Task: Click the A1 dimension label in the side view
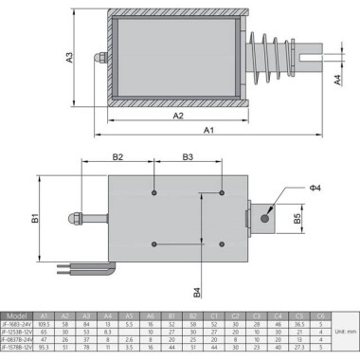pyautogui.click(x=209, y=131)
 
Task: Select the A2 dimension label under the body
pyautogui.click(x=177, y=116)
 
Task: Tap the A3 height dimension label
pyautogui.click(x=70, y=58)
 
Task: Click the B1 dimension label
pyautogui.click(x=35, y=219)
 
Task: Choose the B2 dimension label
pyautogui.click(x=119, y=156)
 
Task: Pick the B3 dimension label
pyautogui.click(x=188, y=156)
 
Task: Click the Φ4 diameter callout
pyautogui.click(x=315, y=188)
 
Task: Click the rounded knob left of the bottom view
pyautogui.click(x=73, y=218)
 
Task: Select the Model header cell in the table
pyautogui.click(x=17, y=316)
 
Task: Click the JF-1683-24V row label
pyautogui.click(x=17, y=325)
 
